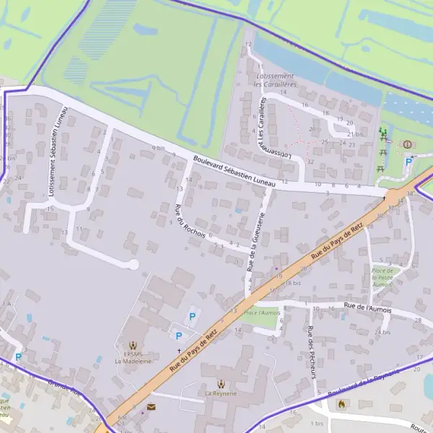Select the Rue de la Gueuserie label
(x=256, y=242)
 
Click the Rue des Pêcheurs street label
(x=310, y=352)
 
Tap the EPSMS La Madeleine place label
(x=133, y=357)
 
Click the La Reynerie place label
(x=221, y=394)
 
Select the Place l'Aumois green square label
(x=261, y=312)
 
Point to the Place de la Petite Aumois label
(x=382, y=278)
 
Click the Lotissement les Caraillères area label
(x=275, y=80)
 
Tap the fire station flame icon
(x=341, y=404)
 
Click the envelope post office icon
(x=151, y=406)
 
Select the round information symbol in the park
(x=406, y=144)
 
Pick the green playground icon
(x=382, y=132)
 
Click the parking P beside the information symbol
(x=408, y=162)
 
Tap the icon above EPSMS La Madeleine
(x=132, y=346)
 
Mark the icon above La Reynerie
(x=221, y=383)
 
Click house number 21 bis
(x=354, y=134)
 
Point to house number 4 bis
(x=158, y=147)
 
